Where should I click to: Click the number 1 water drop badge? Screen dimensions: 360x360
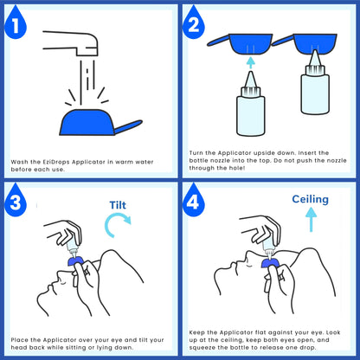(x=16, y=23)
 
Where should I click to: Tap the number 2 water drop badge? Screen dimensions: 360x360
(x=194, y=23)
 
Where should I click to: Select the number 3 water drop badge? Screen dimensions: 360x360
(x=16, y=202)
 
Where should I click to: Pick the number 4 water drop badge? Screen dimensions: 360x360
(x=194, y=202)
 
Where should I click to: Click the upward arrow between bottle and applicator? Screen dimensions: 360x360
(x=251, y=62)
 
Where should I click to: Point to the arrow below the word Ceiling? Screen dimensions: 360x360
(x=311, y=220)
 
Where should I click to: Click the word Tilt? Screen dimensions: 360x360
(x=118, y=205)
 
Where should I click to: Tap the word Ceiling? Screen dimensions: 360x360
(x=310, y=199)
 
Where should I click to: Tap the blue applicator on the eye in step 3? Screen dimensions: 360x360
(x=75, y=261)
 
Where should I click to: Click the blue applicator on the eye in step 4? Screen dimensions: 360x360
(x=270, y=263)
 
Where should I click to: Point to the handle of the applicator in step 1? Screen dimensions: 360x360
(x=128, y=127)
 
